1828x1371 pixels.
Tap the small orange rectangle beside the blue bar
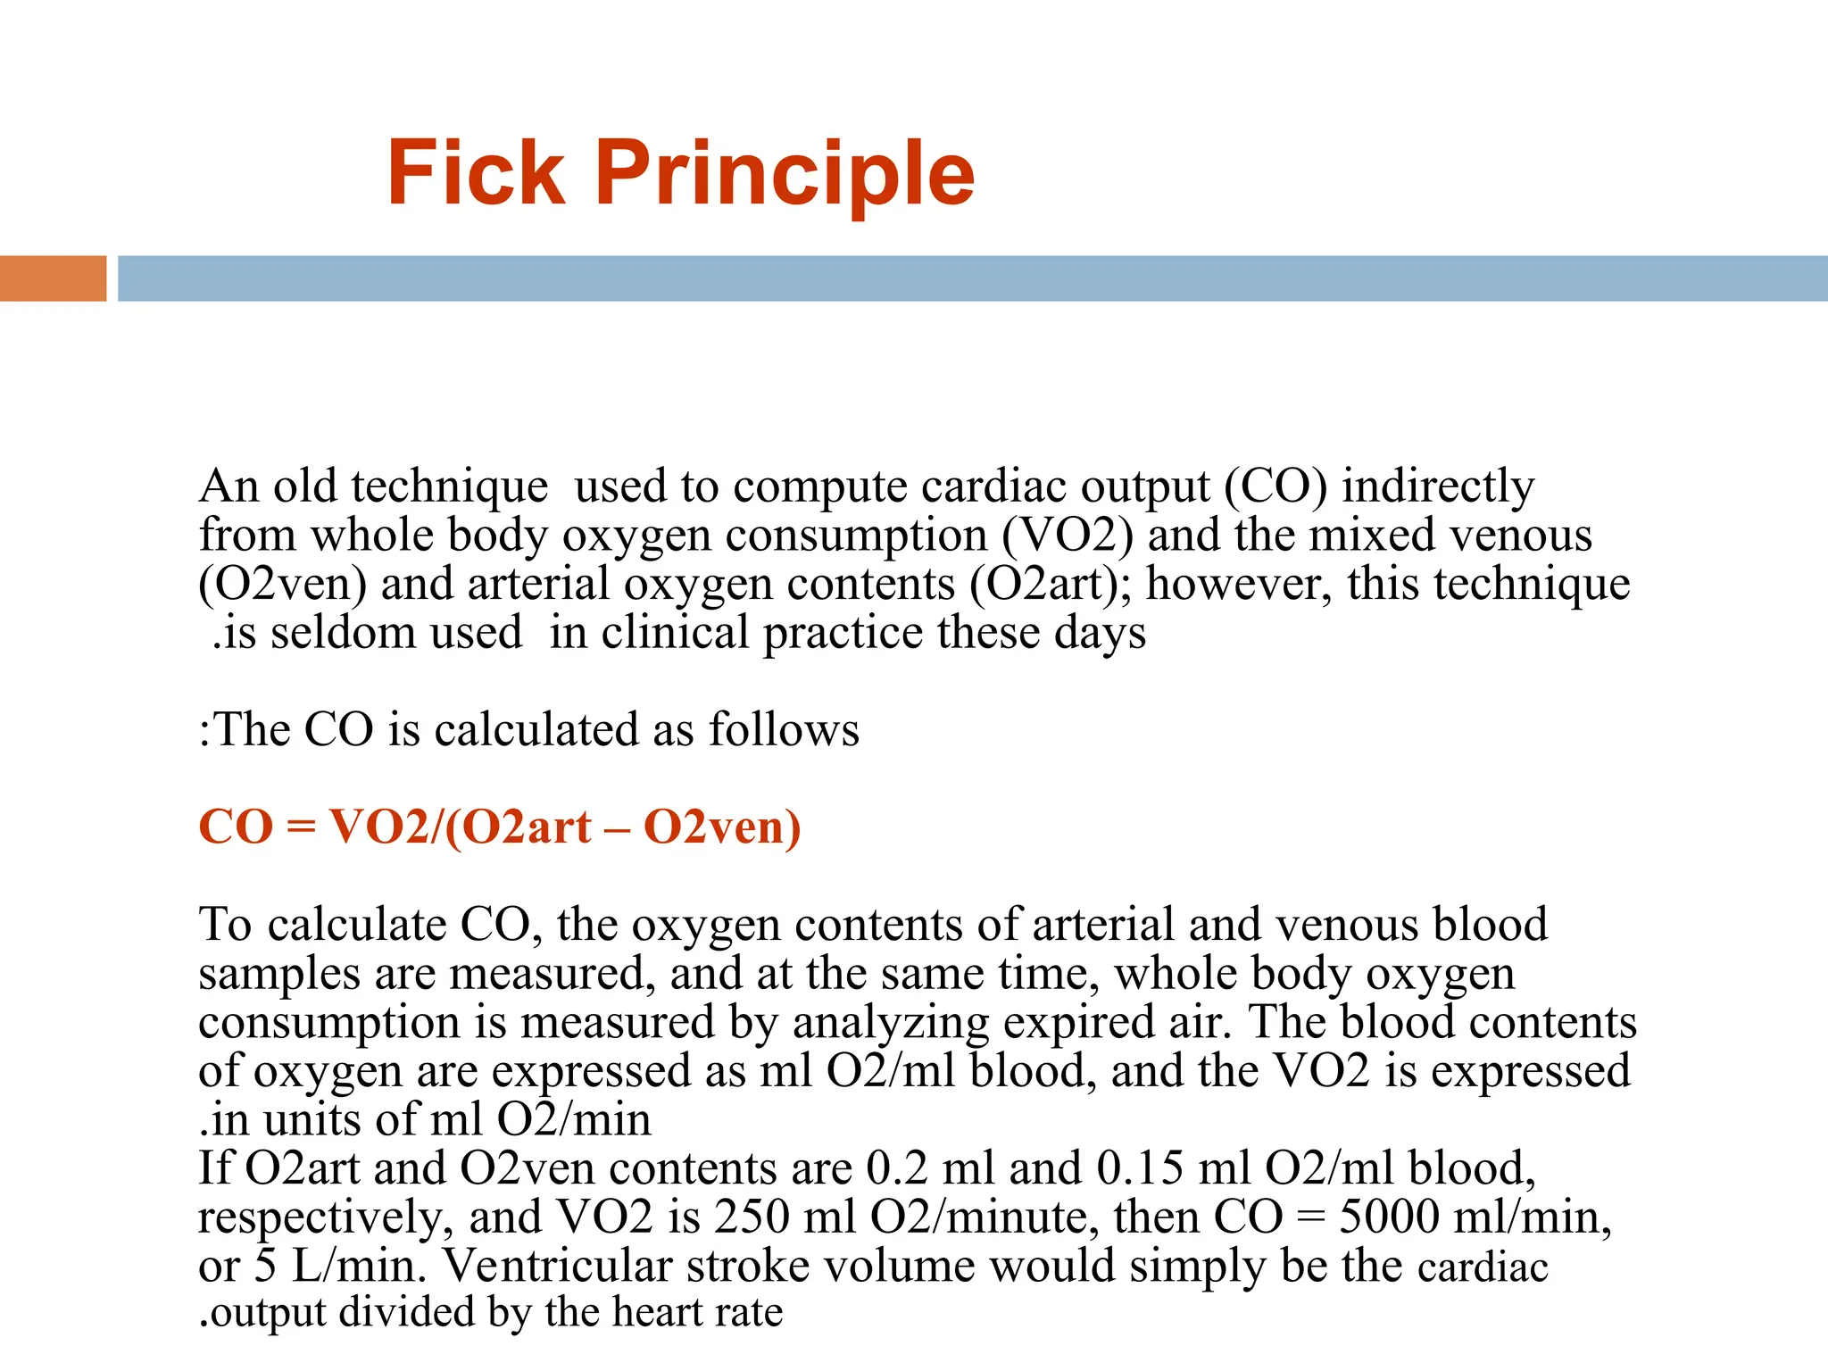click(x=53, y=278)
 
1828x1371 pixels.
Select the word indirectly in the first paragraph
click(x=1438, y=487)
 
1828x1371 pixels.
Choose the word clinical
click(x=676, y=633)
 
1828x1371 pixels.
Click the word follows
click(x=784, y=730)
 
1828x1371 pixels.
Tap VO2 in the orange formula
click(x=379, y=827)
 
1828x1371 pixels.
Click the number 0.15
click(x=1140, y=1169)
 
